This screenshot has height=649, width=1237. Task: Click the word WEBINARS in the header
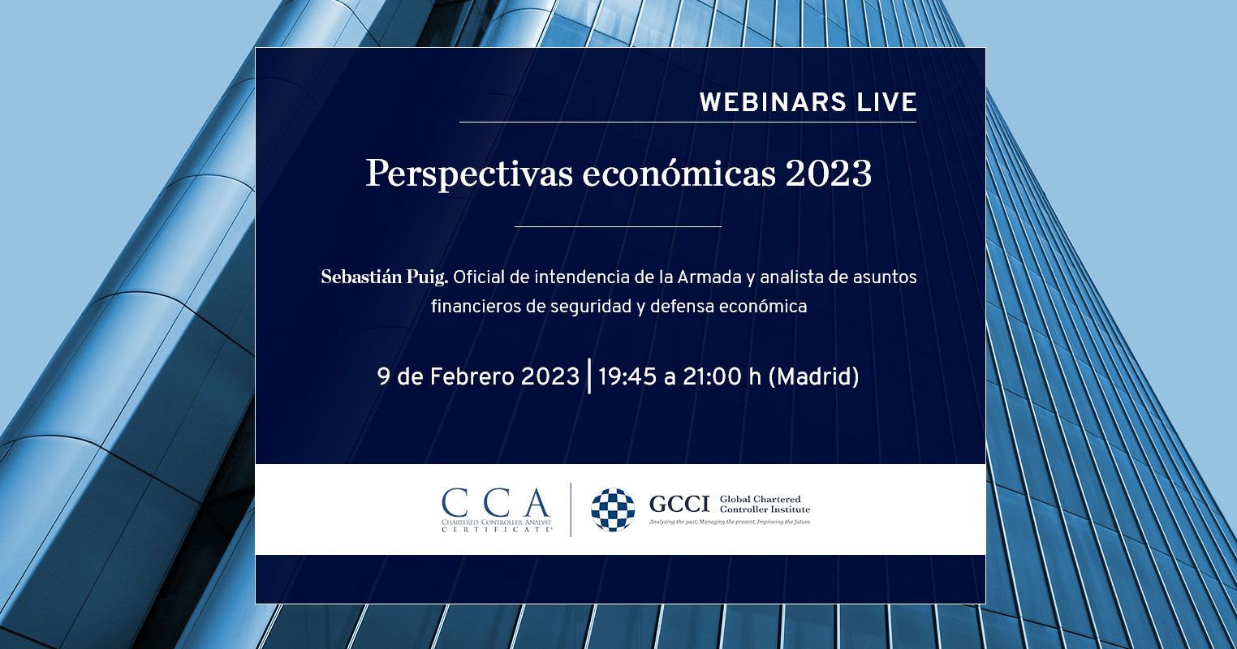pos(773,102)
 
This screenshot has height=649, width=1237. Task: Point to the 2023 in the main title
pos(829,174)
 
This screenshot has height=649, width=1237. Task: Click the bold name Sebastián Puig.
pos(385,277)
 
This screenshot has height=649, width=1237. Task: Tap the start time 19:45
pos(627,377)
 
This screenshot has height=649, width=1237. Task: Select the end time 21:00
pos(713,377)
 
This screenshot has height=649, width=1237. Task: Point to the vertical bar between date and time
pos(589,376)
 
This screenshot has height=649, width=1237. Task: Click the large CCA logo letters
pos(496,502)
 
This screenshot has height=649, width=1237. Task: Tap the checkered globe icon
pos(613,510)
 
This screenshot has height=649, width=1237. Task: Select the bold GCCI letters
pos(679,504)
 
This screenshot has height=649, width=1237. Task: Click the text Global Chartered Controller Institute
pos(765,504)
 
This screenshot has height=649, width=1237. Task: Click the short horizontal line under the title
pos(618,226)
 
